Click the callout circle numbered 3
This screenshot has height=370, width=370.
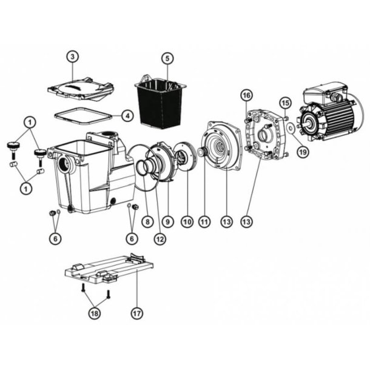pyautogui.click(x=72, y=57)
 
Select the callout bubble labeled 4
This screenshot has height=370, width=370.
pyautogui.click(x=126, y=115)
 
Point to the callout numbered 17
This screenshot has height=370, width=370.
pyautogui.click(x=137, y=314)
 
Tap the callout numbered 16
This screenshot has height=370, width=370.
pyautogui.click(x=246, y=95)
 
